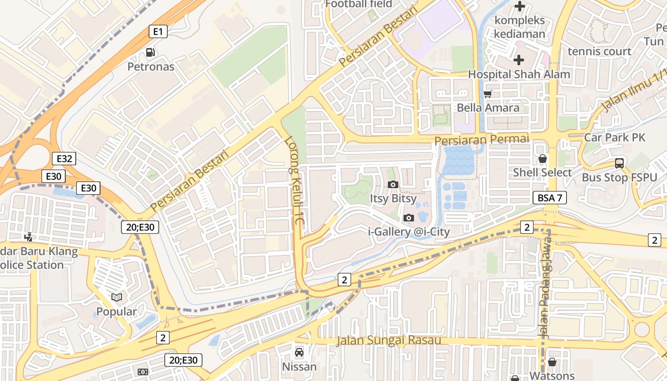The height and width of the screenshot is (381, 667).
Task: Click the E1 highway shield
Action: (x=158, y=32)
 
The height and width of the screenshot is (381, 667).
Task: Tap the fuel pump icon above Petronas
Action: (x=151, y=52)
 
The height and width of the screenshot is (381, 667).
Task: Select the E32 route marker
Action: (x=64, y=159)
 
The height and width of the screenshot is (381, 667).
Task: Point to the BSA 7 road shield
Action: (x=549, y=198)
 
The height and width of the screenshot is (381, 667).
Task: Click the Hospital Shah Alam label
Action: (x=519, y=74)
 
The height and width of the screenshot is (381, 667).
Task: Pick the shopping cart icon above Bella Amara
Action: (x=487, y=94)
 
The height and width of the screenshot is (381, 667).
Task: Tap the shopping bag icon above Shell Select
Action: (x=542, y=159)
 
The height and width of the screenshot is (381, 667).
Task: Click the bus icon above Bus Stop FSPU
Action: (x=619, y=163)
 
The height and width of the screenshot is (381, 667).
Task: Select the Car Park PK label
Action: (x=615, y=138)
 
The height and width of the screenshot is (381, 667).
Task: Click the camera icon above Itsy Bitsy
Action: (x=393, y=184)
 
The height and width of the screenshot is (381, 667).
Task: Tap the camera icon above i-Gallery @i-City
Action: (x=408, y=218)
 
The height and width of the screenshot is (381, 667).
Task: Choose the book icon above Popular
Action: (x=117, y=298)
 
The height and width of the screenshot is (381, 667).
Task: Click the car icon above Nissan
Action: (x=299, y=352)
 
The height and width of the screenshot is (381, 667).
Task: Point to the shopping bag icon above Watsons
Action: (x=552, y=362)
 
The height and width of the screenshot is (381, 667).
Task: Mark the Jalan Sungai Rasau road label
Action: (x=388, y=341)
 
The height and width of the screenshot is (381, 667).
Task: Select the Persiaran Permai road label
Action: (x=482, y=140)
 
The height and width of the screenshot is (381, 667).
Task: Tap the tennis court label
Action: (x=599, y=51)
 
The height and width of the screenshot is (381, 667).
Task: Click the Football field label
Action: (x=359, y=4)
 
